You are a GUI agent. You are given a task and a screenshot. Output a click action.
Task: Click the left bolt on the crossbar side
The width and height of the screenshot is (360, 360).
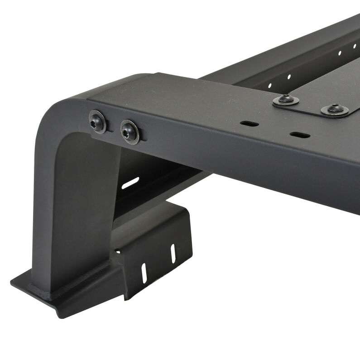click(x=97, y=121)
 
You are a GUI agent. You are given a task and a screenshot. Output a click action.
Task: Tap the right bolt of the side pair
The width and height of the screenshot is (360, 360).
click(x=130, y=131)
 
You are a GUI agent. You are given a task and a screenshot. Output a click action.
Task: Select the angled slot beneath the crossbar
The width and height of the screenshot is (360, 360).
click(x=130, y=183)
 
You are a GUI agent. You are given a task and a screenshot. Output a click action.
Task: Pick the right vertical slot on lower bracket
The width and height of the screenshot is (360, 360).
click(x=173, y=253)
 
